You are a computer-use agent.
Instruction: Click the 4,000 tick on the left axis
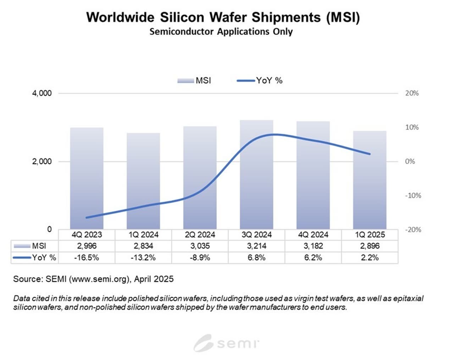coord(42,93)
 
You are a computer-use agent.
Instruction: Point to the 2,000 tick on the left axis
coord(42,161)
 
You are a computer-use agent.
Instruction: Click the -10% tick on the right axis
coord(413,195)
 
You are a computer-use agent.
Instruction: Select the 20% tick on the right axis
coord(412,93)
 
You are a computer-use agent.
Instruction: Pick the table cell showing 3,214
coord(256,246)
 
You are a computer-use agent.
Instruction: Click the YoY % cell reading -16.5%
coord(87,257)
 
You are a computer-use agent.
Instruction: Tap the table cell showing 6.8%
coord(256,257)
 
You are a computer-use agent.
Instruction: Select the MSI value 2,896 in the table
coord(370,246)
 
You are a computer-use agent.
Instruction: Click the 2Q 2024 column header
coord(200,235)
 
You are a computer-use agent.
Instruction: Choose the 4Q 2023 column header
coord(87,235)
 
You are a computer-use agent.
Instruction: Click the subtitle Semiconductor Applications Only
coord(221,32)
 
